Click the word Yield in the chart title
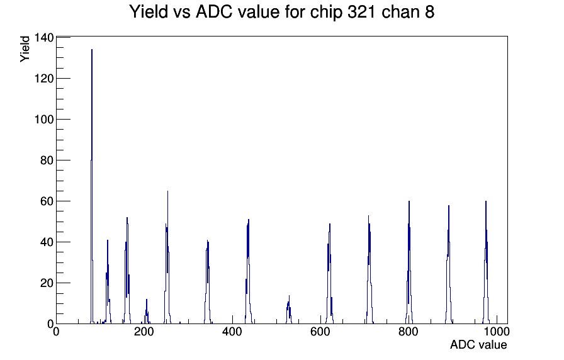pos(149,11)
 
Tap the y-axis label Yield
pos(25,49)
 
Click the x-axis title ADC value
pos(478,344)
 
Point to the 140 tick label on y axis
pos(44,37)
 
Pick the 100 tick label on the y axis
pos(44,120)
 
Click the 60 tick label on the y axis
pos(47,201)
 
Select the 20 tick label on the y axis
pos(47,283)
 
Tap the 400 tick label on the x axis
pos(232,332)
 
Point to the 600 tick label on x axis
pos(320,332)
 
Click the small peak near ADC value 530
pos(289,310)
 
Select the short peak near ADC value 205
pos(147,312)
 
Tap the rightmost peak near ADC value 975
pos(486,262)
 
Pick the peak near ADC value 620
pos(329,274)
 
